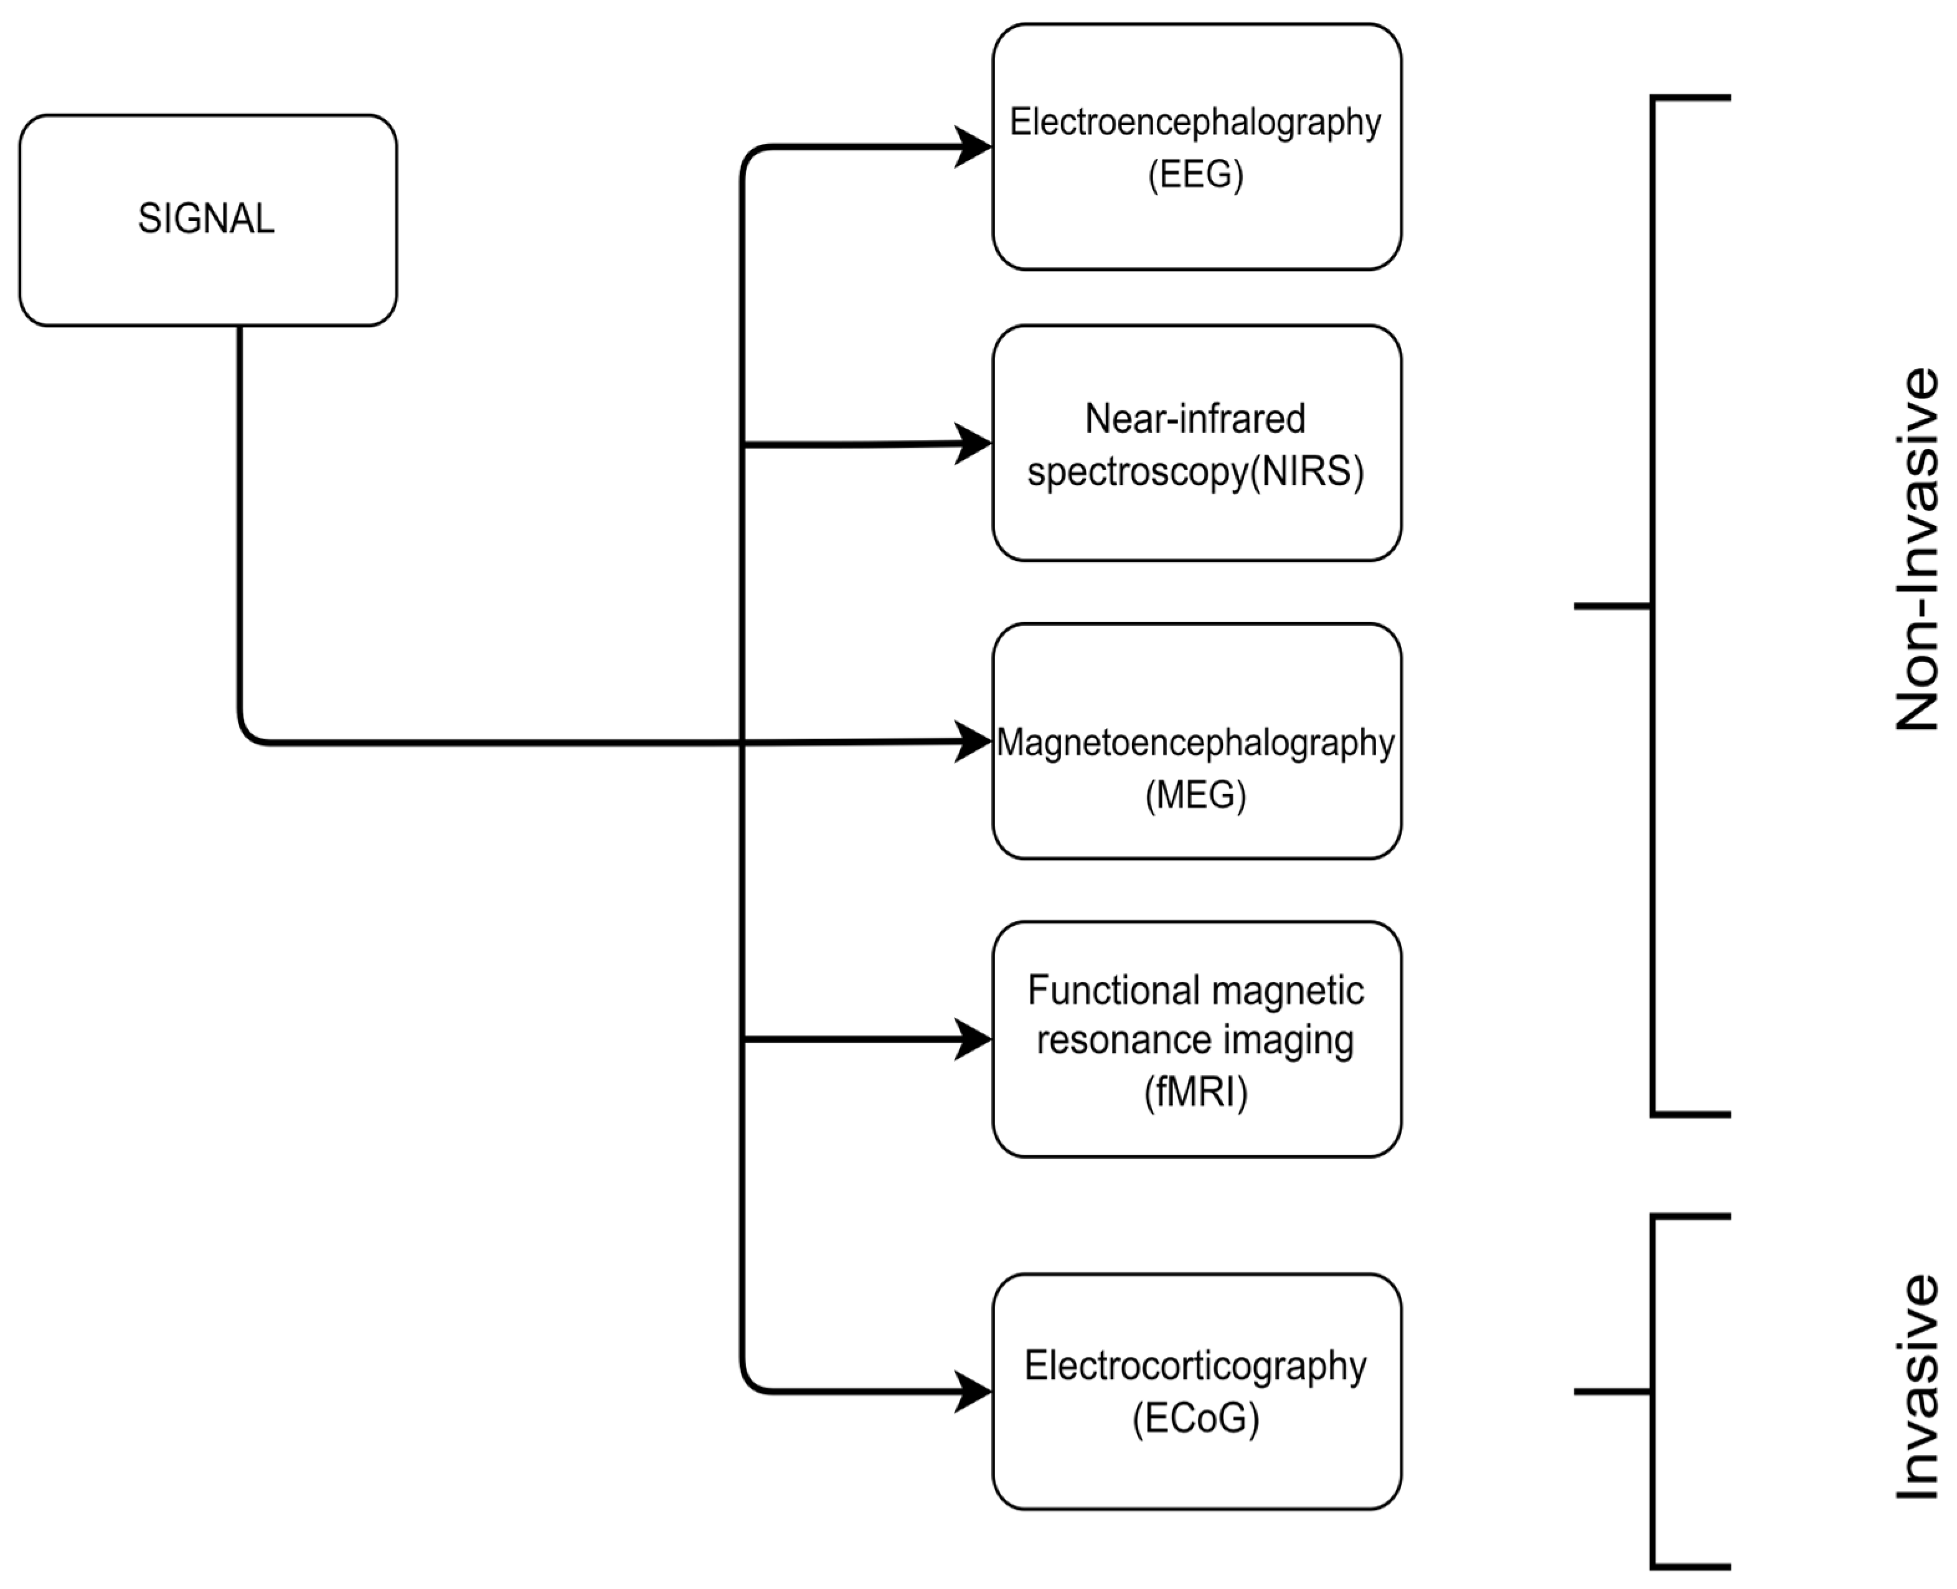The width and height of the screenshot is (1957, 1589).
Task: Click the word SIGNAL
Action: pos(206,219)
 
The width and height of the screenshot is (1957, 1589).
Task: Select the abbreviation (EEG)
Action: pos(1195,174)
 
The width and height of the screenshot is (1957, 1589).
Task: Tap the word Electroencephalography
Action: pos(1195,122)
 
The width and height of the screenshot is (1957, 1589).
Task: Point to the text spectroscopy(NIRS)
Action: pos(1195,471)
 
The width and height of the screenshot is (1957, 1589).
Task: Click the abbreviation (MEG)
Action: pos(1195,794)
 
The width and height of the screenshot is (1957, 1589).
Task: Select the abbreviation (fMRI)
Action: pos(1195,1092)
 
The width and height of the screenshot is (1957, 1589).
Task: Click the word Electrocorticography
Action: pos(1195,1365)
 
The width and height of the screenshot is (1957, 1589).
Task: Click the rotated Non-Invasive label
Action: pos(1917,549)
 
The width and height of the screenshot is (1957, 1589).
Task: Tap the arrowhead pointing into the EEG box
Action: pos(974,146)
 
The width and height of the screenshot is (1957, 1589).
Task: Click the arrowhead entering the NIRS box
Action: pos(974,444)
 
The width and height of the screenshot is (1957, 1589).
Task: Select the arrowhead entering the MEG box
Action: pos(974,742)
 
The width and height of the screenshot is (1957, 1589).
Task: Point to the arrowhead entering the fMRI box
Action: pos(974,1040)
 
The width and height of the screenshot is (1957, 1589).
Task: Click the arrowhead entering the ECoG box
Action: pos(974,1392)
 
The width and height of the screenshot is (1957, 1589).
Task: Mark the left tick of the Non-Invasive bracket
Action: pos(1611,606)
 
